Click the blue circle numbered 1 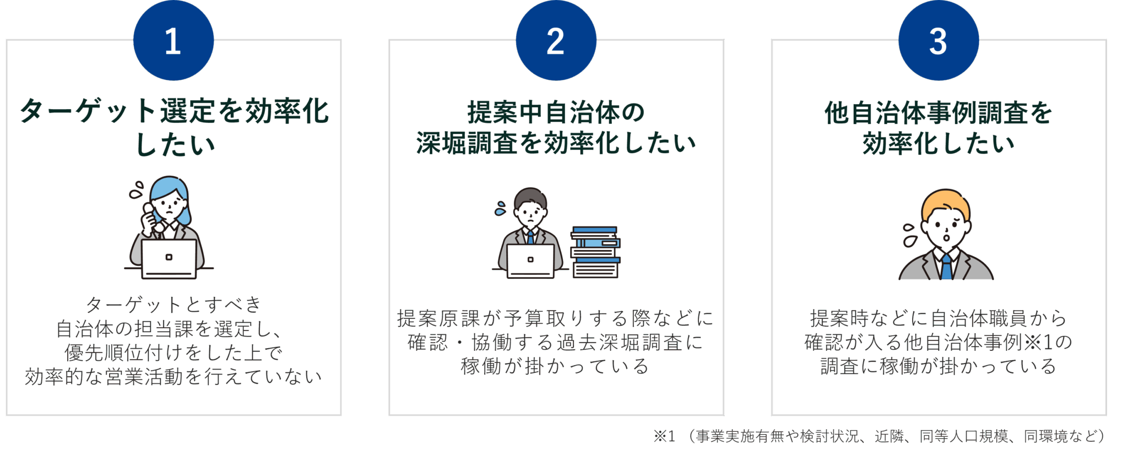coord(173,41)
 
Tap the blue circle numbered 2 coord(556,41)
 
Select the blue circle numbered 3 coord(939,41)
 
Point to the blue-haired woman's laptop coord(169,258)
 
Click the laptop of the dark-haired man coord(530,260)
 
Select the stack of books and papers coord(595,252)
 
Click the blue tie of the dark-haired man coord(530,237)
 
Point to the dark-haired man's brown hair coord(530,196)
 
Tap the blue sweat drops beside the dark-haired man coord(500,209)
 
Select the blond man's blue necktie coord(946,267)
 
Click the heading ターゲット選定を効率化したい coord(174,127)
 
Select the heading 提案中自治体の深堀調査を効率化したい coord(556,127)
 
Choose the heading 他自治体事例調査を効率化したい coord(939,127)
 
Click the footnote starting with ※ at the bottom coord(879,436)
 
